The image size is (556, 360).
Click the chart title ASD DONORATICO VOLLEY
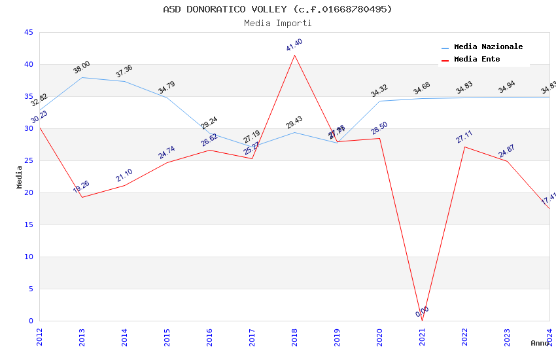tap(277, 9)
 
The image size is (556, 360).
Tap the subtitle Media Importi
tap(277, 23)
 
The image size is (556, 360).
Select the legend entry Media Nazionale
tap(488, 47)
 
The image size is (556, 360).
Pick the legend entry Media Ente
tap(477, 60)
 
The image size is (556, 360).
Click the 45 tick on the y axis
tap(28, 33)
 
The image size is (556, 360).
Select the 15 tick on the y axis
tap(28, 225)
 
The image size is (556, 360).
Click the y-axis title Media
tap(20, 177)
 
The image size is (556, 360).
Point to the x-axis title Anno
tap(540, 343)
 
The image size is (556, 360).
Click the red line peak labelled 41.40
tap(294, 55)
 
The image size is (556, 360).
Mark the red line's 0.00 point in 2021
tap(422, 321)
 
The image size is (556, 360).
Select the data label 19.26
tap(82, 187)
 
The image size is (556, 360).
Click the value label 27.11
tap(464, 137)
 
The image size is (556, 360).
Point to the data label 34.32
tap(379, 91)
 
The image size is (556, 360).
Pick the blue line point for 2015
tap(167, 98)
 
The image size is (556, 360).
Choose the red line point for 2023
tap(507, 161)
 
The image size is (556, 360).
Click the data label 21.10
tap(124, 175)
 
